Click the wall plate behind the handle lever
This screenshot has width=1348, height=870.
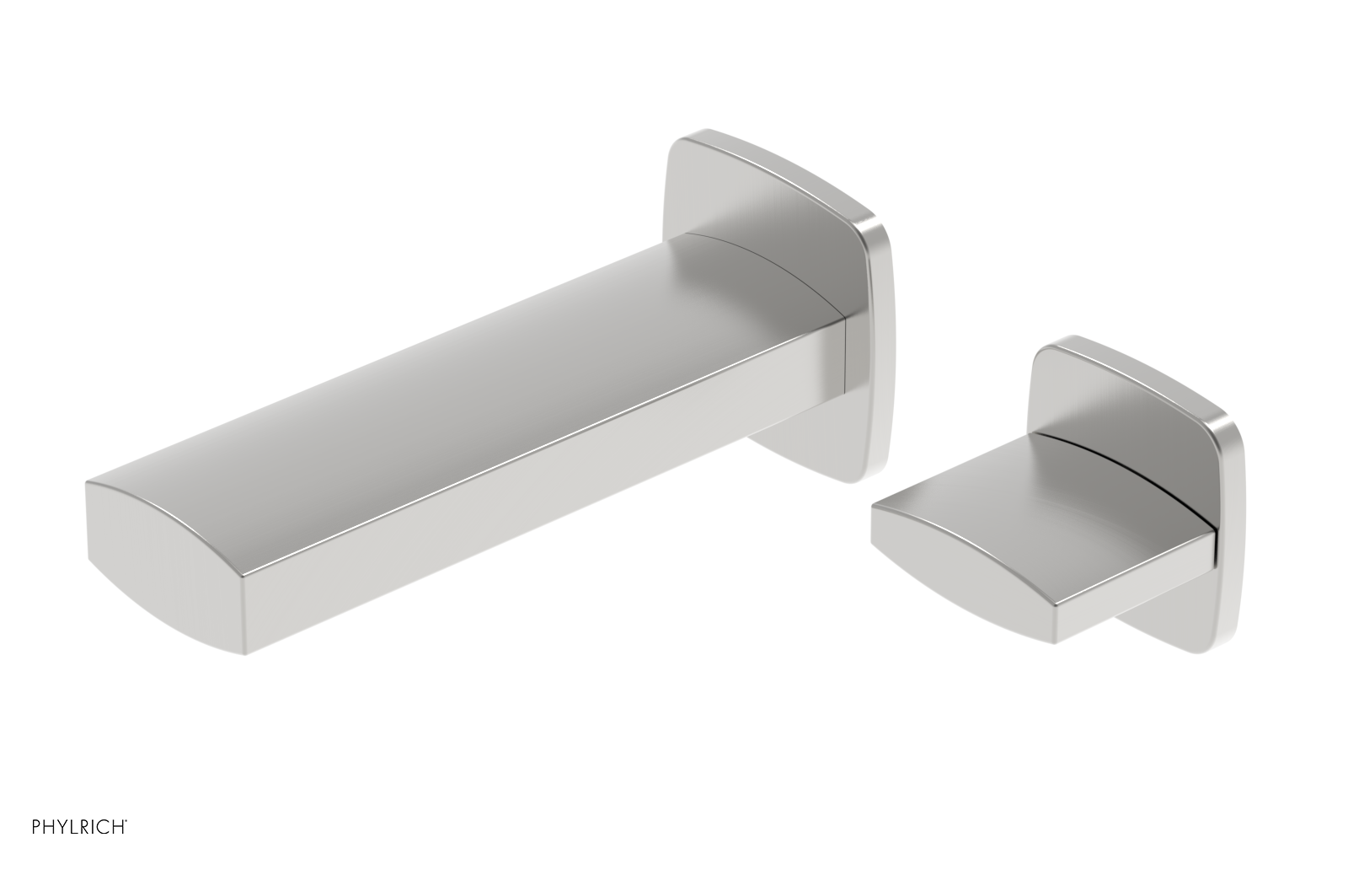click(1121, 388)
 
